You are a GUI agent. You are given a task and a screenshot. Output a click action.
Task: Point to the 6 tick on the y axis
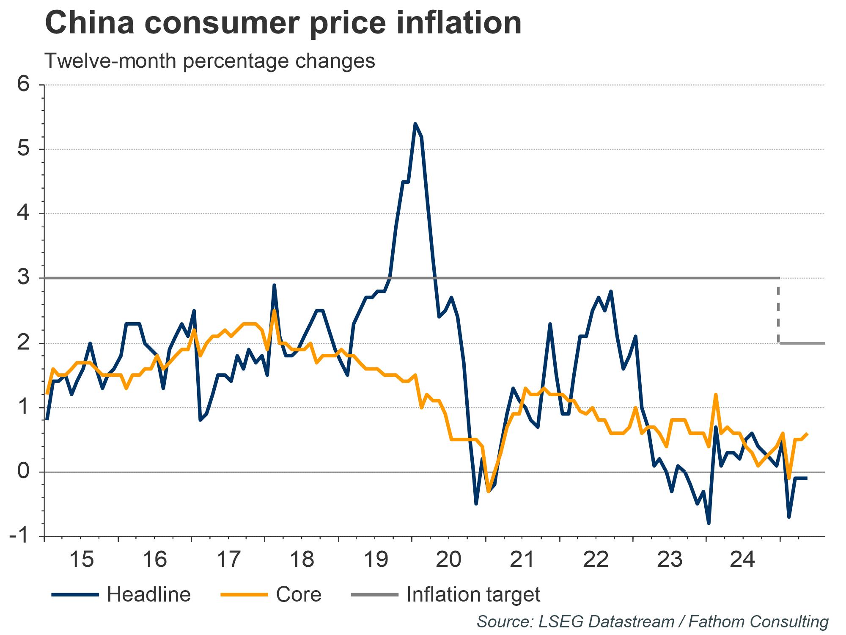[24, 85]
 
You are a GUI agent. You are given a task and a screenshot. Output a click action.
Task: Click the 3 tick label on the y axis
[24, 278]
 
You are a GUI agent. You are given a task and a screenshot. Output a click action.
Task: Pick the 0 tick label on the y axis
[24, 472]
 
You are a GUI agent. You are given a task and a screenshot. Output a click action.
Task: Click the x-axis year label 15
[81, 560]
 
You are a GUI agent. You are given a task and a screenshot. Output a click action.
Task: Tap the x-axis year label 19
[376, 560]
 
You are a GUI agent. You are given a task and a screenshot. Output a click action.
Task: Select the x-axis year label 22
[596, 560]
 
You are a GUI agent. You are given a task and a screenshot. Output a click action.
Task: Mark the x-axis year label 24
[743, 560]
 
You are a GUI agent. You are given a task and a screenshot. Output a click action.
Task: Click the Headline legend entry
[148, 595]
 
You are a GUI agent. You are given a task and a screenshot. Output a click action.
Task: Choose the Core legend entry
[298, 595]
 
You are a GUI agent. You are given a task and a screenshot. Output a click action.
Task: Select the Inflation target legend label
[473, 595]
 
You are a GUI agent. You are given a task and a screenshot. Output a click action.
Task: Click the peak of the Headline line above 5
[415, 124]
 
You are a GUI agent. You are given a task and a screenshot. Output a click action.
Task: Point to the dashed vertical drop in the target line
[778, 311]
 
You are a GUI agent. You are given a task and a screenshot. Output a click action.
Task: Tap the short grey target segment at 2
[802, 343]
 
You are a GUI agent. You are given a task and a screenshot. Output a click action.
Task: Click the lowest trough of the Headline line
[709, 523]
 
